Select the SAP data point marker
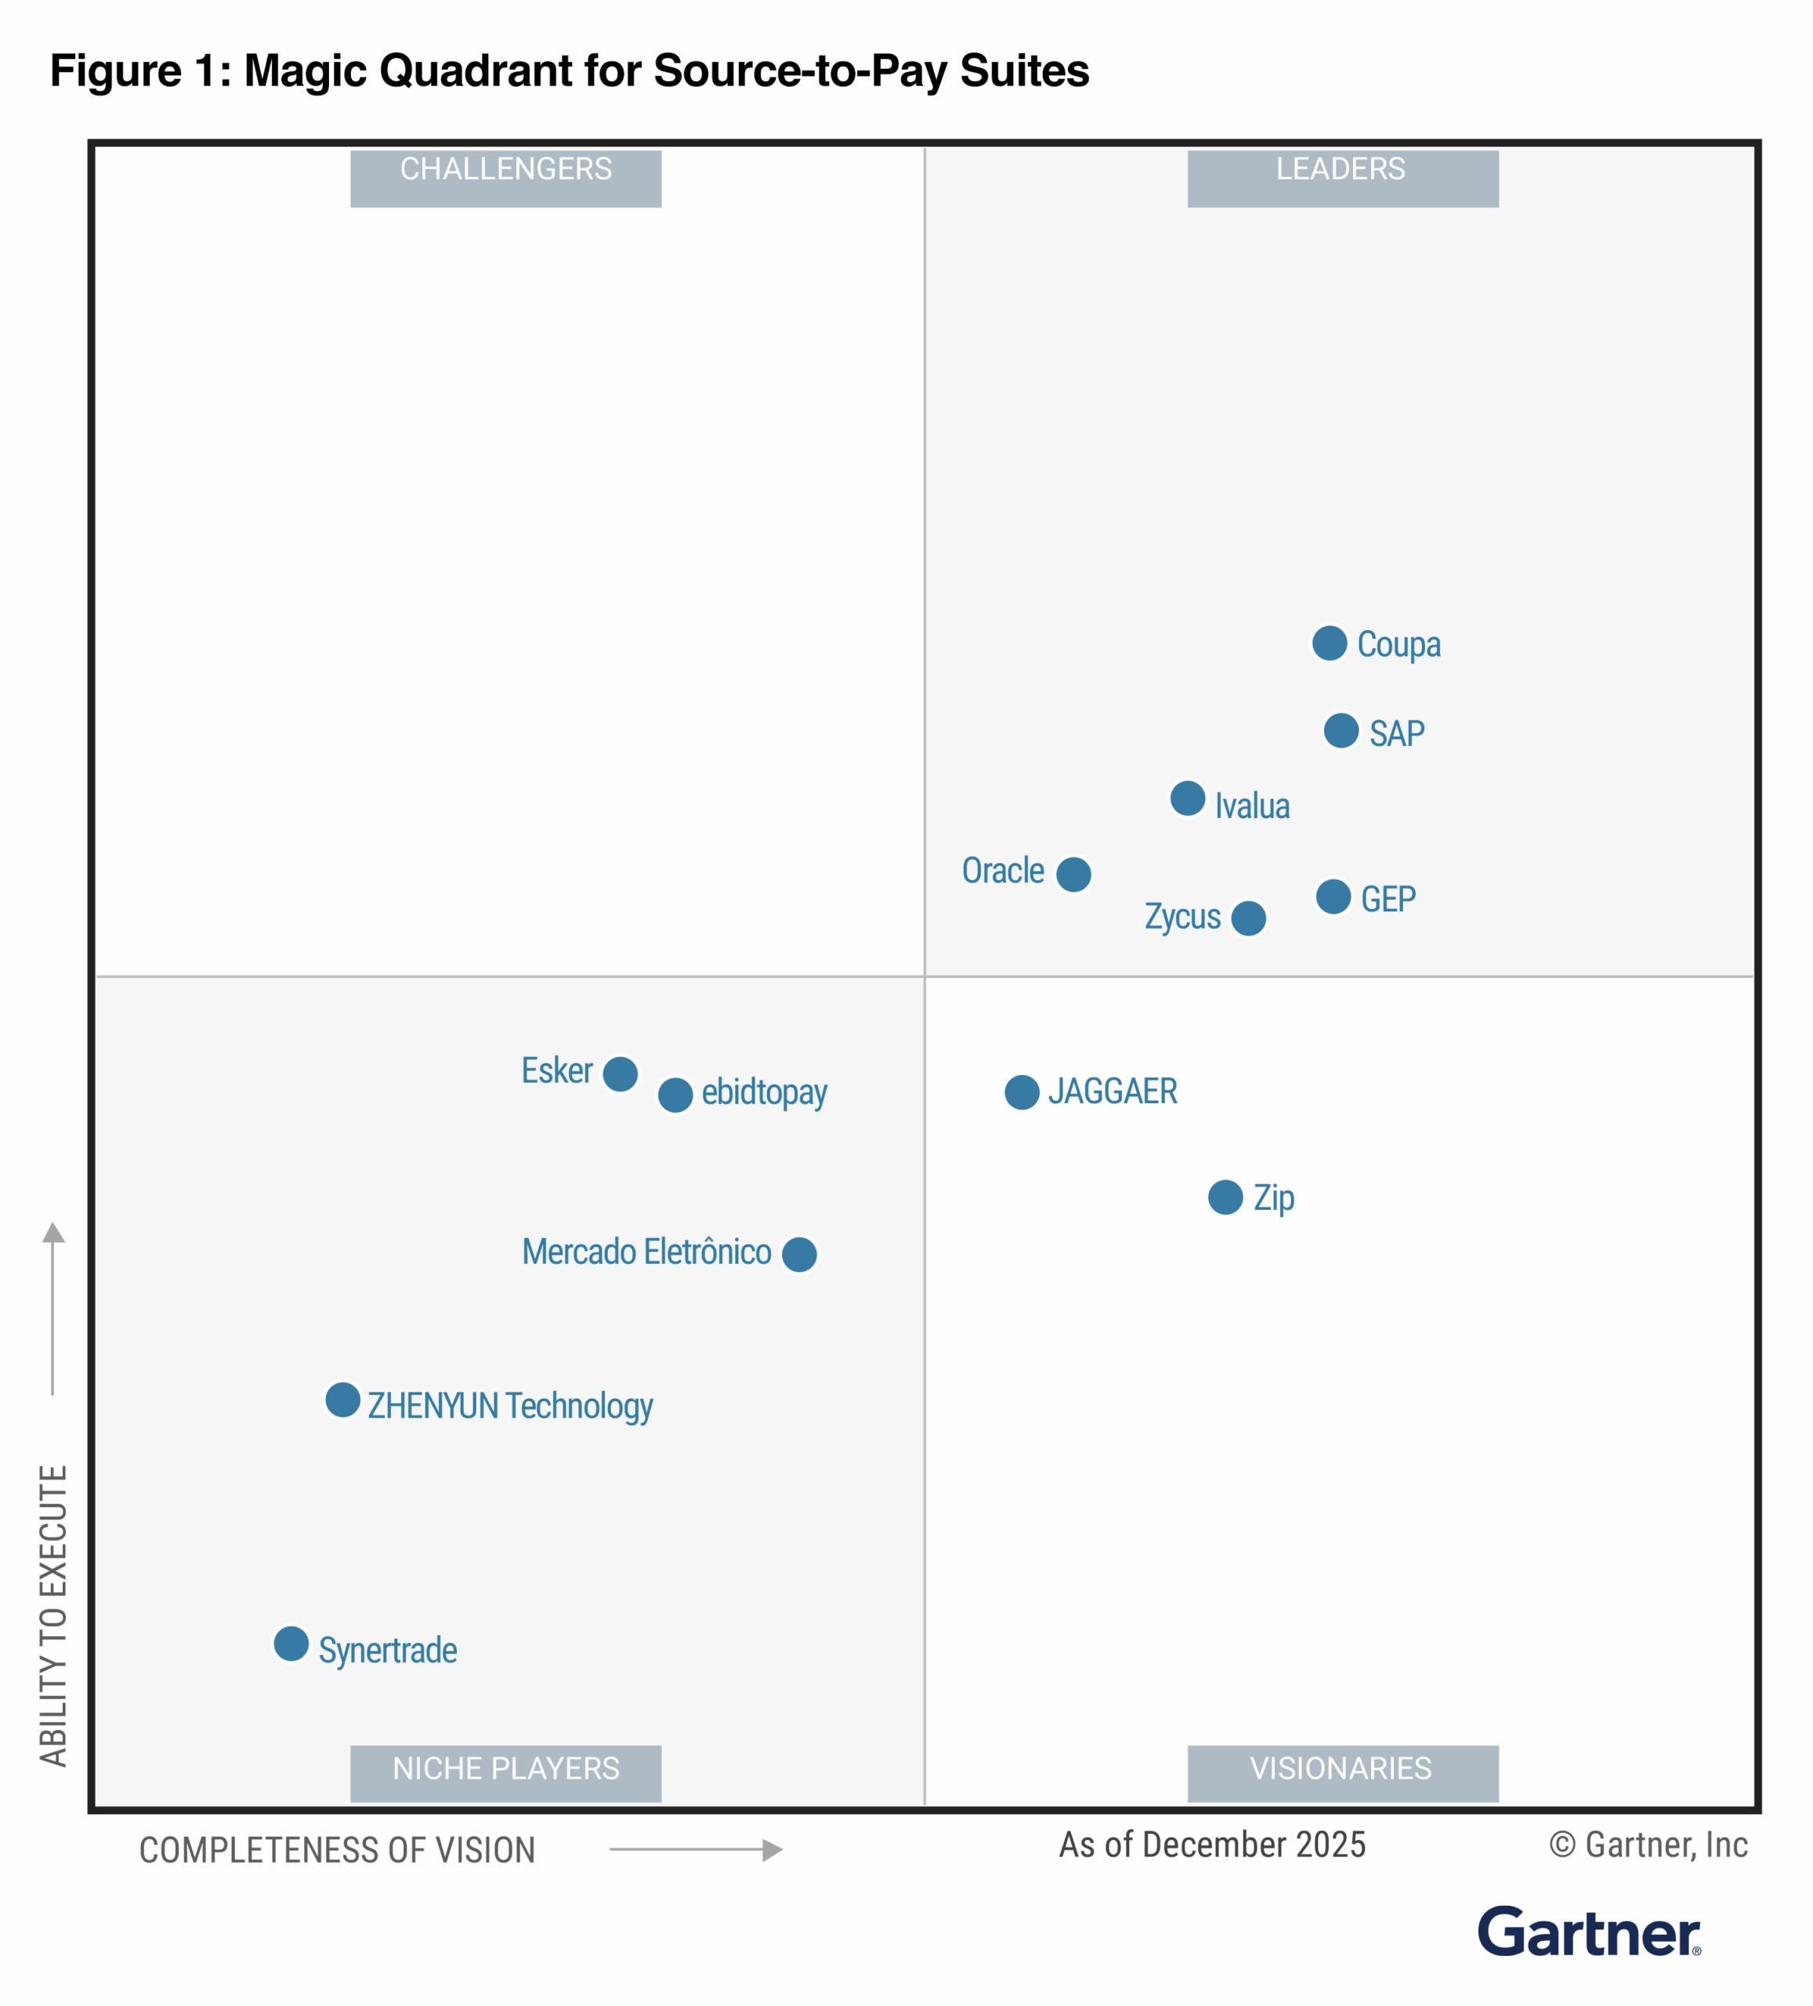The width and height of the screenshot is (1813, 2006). (1341, 730)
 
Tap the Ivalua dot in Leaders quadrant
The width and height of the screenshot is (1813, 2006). (1187, 798)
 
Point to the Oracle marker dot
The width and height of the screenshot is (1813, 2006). (1073, 874)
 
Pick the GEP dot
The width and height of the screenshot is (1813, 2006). (1334, 896)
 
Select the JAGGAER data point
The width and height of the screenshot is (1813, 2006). (1022, 1092)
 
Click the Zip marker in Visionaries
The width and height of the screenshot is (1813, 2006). (1225, 1197)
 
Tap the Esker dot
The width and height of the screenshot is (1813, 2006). (620, 1074)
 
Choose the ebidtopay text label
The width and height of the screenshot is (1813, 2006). (764, 1092)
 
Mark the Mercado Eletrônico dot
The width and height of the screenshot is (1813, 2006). (799, 1255)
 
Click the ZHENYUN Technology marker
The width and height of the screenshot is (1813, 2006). (342, 1400)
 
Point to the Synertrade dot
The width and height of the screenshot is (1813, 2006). (291, 1644)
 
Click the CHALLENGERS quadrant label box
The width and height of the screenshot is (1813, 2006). (505, 178)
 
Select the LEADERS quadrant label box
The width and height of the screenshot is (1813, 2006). (1342, 178)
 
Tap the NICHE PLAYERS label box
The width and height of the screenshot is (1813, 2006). (505, 1773)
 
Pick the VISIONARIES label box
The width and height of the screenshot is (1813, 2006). (1342, 1773)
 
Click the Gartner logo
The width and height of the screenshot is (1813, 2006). (1588, 1932)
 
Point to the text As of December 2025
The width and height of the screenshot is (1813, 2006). (1211, 1845)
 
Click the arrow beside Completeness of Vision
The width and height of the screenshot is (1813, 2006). (696, 1850)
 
